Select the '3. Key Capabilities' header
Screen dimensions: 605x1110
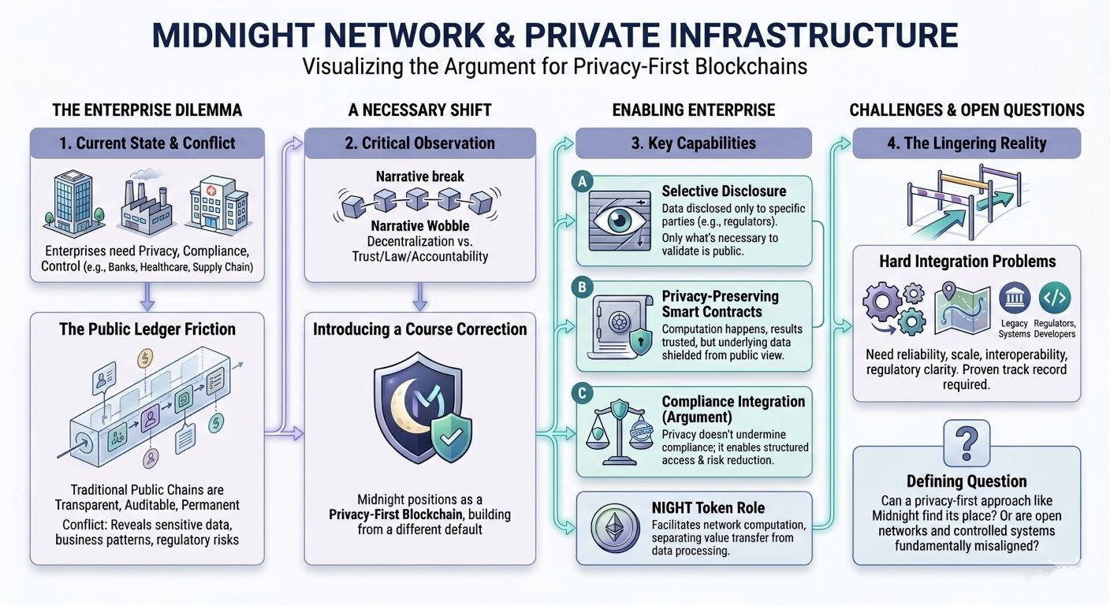point(694,143)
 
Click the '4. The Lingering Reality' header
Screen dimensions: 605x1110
point(967,143)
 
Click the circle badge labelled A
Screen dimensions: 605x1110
point(582,180)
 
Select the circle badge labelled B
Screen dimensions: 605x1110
point(582,288)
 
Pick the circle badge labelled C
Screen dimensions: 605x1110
point(582,392)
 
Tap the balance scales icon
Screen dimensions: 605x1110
point(618,433)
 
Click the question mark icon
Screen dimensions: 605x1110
point(967,442)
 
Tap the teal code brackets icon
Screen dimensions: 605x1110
point(1054,299)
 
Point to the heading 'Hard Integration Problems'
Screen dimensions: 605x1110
point(967,262)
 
